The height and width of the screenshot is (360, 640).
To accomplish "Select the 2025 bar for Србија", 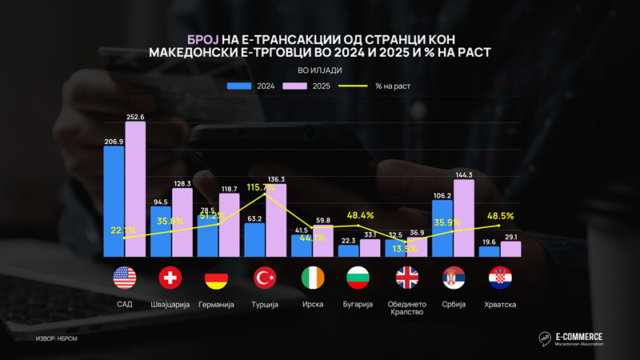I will click(463, 218).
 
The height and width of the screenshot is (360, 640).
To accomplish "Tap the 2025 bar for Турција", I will click(275, 220).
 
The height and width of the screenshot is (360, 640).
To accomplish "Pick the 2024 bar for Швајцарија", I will click(161, 232).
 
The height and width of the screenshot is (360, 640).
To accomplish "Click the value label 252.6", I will click(136, 116).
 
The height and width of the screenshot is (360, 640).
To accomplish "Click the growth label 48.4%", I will click(361, 215).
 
